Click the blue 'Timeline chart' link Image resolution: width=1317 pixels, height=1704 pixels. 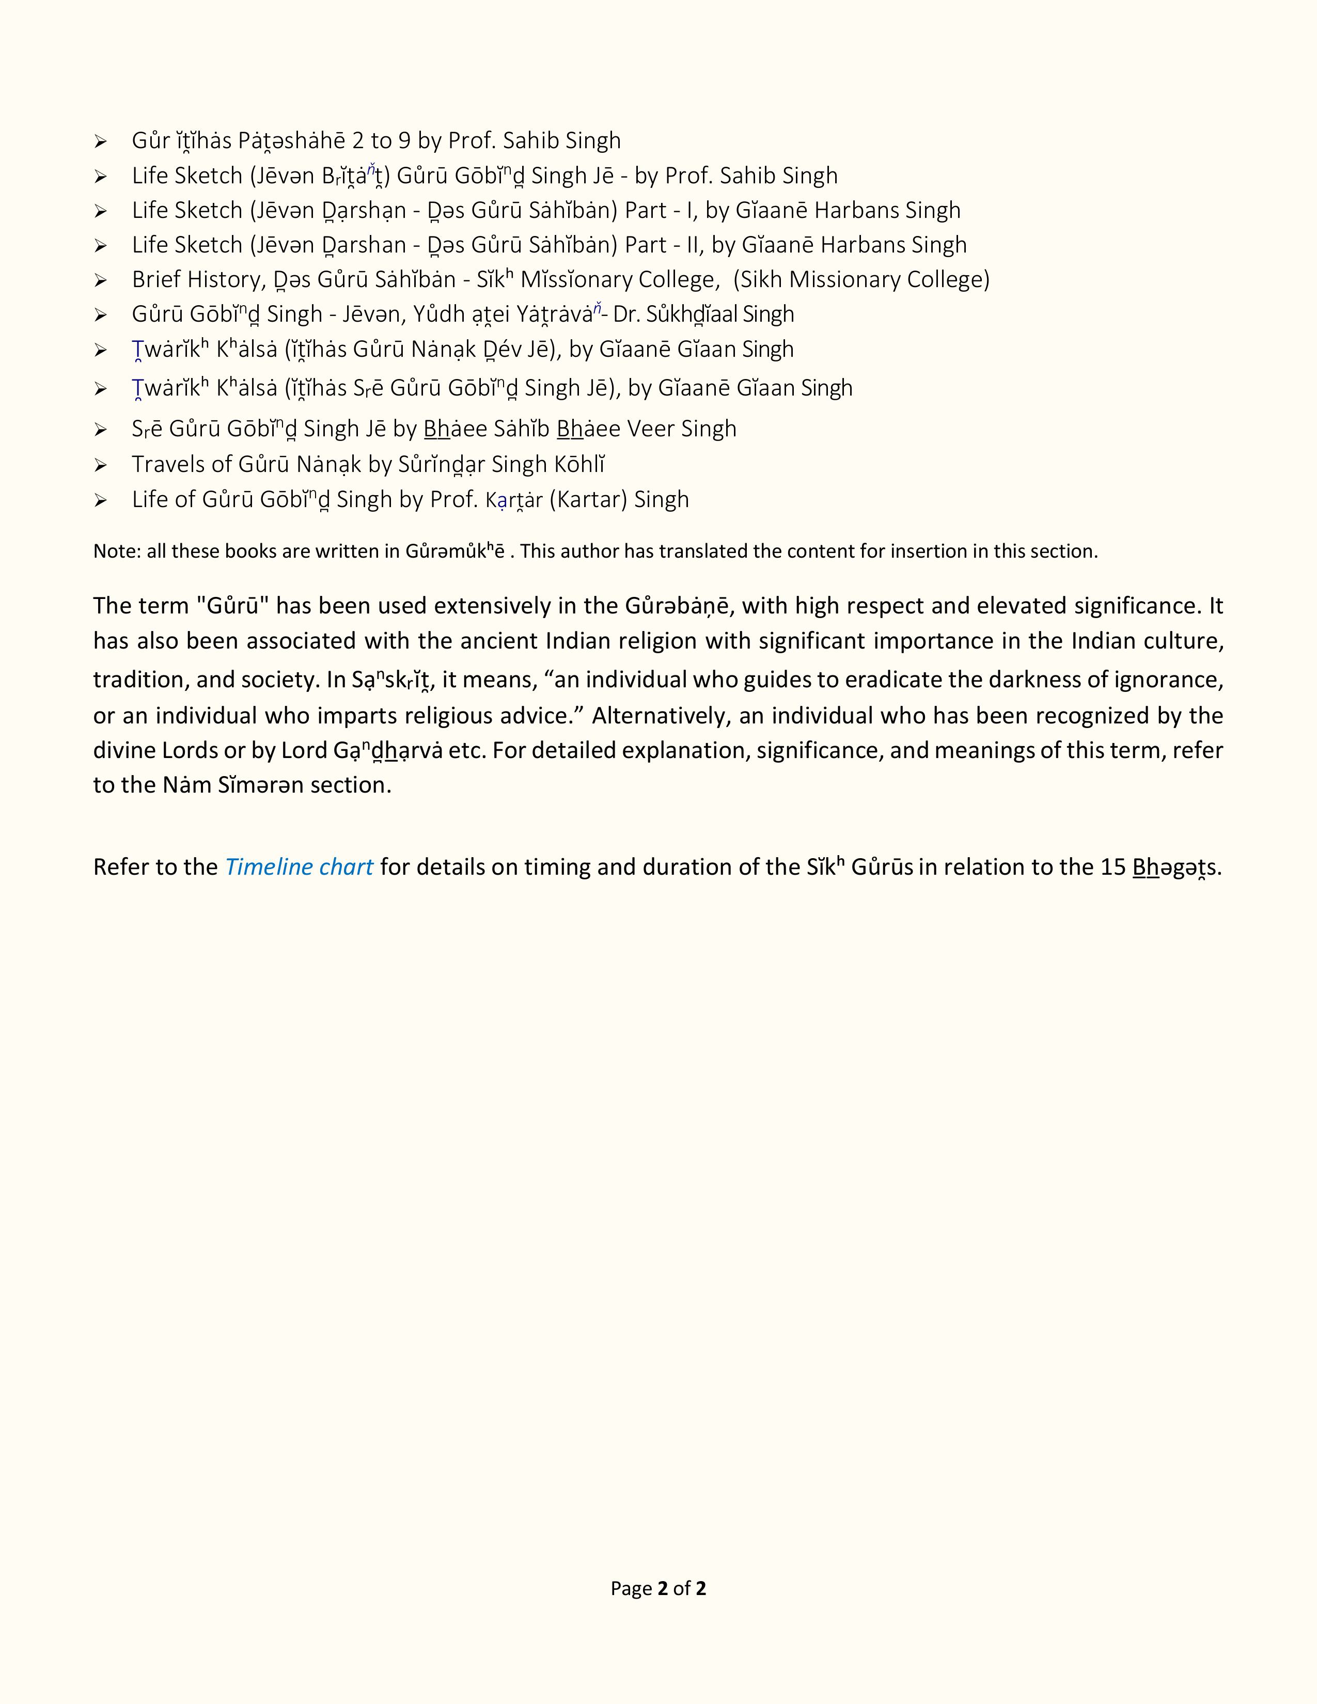299,867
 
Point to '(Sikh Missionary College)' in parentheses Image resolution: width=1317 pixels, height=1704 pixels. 861,279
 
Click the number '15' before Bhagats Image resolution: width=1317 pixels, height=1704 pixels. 1112,867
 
